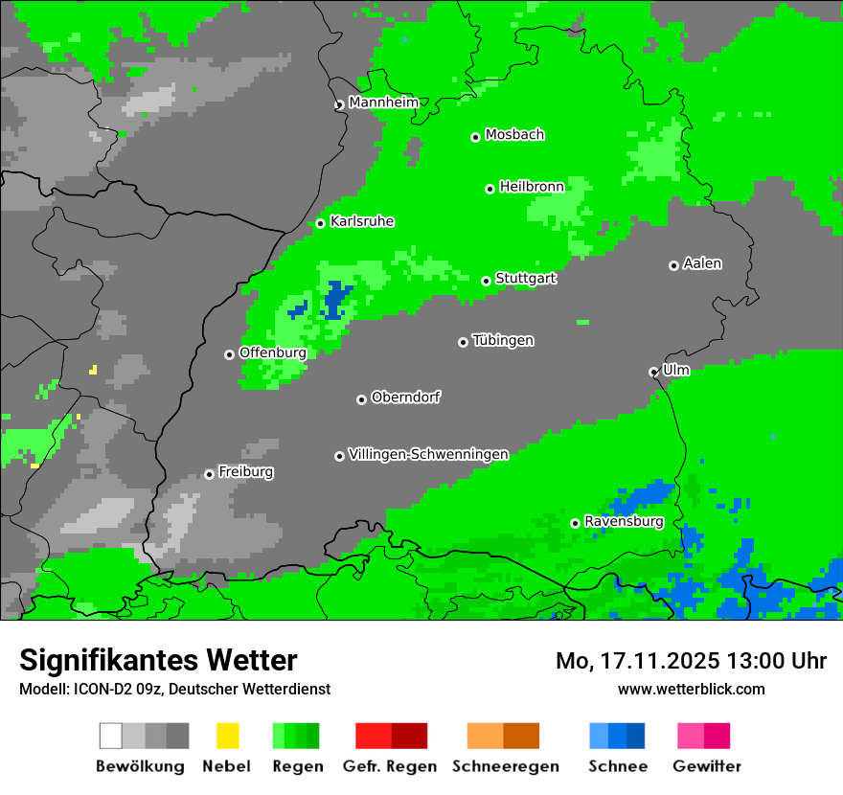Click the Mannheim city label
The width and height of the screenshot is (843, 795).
[383, 102]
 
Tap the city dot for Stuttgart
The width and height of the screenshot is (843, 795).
[487, 281]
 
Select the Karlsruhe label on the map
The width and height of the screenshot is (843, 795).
[361, 221]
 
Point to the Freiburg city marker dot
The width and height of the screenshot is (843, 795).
[209, 474]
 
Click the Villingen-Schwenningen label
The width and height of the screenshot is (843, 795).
[428, 454]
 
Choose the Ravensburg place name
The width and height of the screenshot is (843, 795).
[624, 521]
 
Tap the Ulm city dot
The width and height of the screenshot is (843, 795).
[653, 372]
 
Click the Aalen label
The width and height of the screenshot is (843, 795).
[702, 263]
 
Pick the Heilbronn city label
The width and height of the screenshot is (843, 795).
[532, 187]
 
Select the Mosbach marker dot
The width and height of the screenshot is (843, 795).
[475, 137]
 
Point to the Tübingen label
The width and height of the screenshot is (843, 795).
[503, 340]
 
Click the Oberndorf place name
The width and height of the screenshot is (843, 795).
[405, 397]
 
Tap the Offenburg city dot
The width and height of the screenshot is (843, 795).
[229, 354]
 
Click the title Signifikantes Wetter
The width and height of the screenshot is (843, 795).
[158, 660]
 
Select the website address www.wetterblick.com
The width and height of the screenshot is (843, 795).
[691, 689]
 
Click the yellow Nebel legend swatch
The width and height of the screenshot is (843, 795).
[227, 736]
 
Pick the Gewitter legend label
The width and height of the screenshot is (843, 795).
[706, 766]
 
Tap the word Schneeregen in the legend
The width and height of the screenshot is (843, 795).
[504, 766]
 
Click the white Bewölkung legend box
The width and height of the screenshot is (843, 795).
[111, 736]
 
